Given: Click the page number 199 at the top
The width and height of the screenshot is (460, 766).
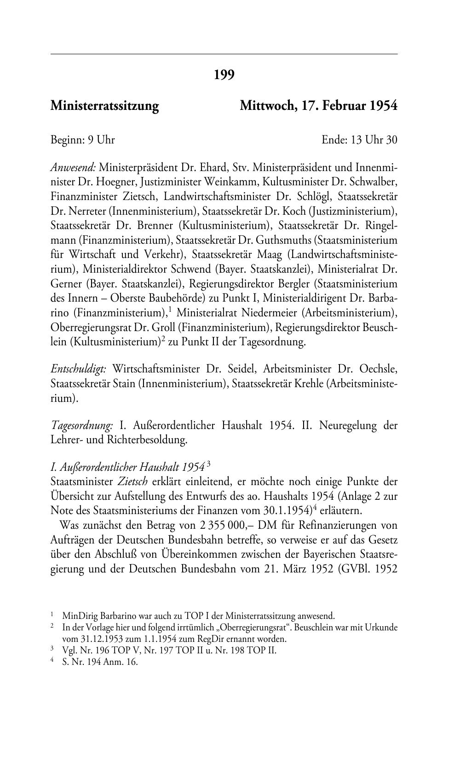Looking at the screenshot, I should tap(224, 74).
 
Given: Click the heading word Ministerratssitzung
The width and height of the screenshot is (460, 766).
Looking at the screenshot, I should tap(104, 106).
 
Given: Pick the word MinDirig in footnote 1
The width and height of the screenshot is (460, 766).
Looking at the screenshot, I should tap(77, 616).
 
